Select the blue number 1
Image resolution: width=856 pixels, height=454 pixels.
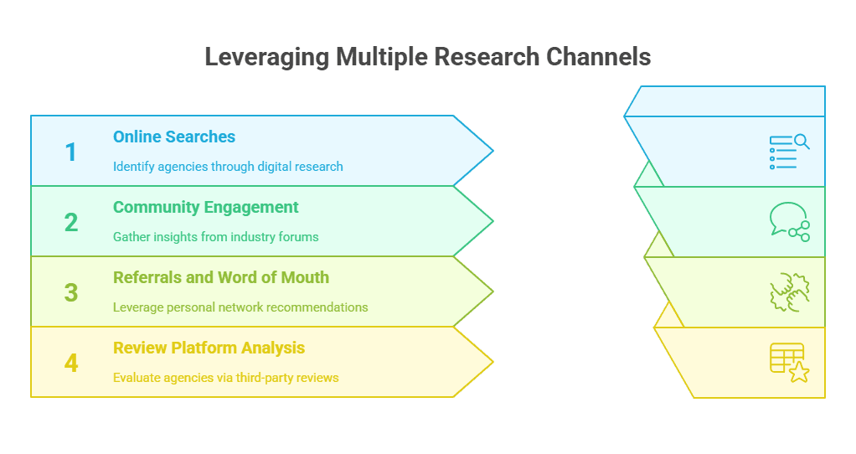(70, 152)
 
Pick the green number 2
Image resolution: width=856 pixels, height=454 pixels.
(70, 222)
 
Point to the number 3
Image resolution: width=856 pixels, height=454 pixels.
(70, 292)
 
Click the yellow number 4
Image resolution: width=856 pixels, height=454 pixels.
(70, 363)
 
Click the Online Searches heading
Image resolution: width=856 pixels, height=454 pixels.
(174, 137)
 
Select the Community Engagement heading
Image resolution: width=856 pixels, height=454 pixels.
(206, 207)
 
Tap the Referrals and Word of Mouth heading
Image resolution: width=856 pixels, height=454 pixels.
(221, 277)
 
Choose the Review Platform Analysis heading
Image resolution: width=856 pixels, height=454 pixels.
(209, 348)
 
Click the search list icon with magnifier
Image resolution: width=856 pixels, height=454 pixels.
(789, 152)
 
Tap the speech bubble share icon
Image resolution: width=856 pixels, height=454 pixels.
(789, 222)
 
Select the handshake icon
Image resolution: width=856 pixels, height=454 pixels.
(789, 292)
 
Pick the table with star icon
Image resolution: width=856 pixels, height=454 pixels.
(789, 363)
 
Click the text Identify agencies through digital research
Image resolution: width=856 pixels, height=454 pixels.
(228, 166)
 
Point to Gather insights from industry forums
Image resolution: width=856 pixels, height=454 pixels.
(216, 236)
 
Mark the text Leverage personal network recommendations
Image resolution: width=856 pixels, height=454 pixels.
(240, 307)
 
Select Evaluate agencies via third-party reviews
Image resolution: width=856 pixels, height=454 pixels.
(226, 377)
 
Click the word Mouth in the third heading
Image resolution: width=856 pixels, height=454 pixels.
(307, 277)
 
